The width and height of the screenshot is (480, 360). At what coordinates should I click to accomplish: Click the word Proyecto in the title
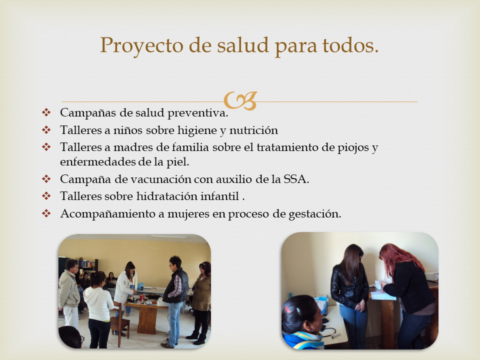pyautogui.click(x=141, y=46)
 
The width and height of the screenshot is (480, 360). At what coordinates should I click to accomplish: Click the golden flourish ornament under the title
pyautogui.click(x=240, y=100)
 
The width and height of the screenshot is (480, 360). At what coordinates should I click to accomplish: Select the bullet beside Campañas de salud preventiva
pyautogui.click(x=46, y=112)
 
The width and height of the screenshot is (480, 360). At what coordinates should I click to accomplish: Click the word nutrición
pyautogui.click(x=253, y=130)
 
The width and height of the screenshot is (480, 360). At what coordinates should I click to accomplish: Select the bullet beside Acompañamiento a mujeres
pyautogui.click(x=46, y=213)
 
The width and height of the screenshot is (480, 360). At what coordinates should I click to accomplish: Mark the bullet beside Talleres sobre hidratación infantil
pyautogui.click(x=46, y=195)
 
